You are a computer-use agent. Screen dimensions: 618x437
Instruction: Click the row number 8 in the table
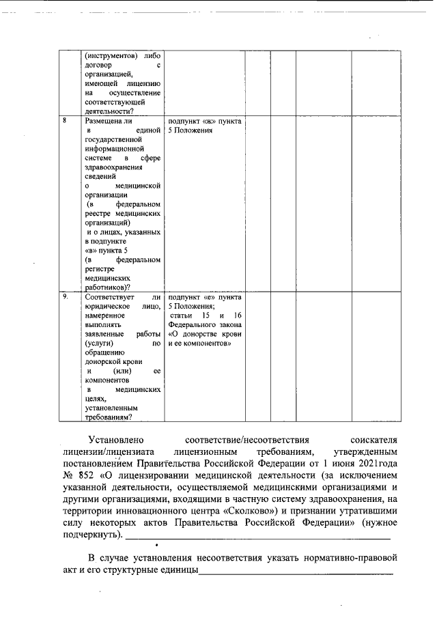tap(64, 121)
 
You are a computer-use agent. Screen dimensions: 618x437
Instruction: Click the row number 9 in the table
tap(65, 298)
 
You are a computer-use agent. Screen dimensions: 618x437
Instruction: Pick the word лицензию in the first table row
tap(143, 83)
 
